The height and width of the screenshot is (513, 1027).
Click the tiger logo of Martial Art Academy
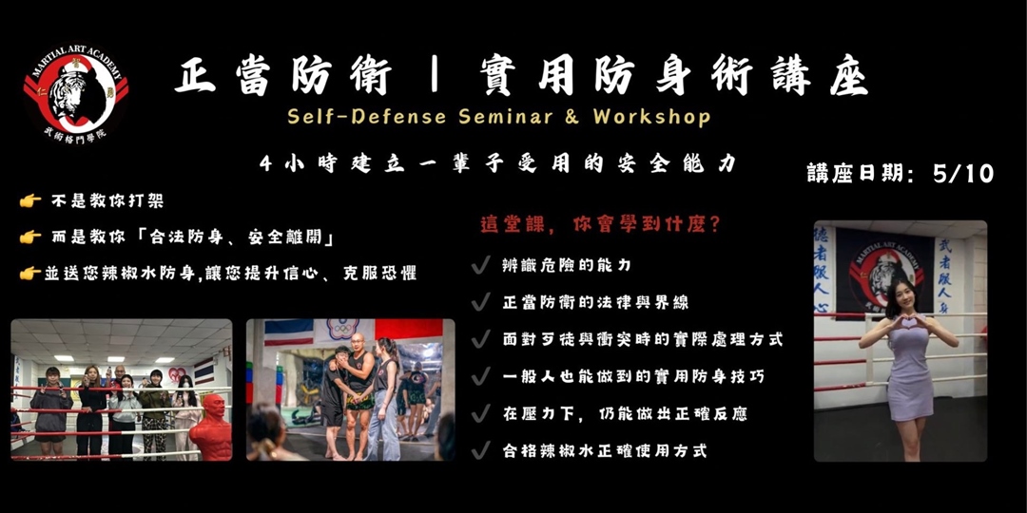click(x=75, y=93)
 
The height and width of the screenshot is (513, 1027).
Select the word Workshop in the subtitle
click(x=651, y=117)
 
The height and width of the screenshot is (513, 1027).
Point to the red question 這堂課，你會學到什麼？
click(x=600, y=227)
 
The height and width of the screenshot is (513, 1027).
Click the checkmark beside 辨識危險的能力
click(x=481, y=266)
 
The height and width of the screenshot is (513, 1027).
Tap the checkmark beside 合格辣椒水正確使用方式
click(x=481, y=450)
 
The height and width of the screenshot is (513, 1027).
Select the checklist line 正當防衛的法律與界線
click(x=595, y=303)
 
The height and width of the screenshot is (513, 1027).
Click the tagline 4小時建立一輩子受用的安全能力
click(x=498, y=163)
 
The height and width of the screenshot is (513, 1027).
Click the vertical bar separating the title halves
click(x=434, y=77)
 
